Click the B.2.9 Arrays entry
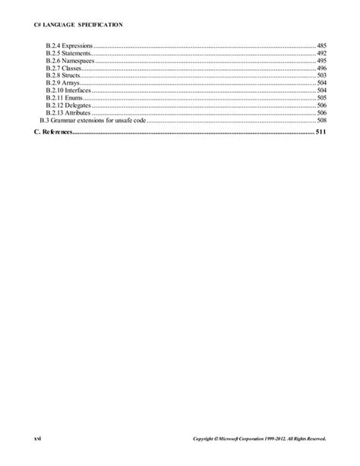(x=63, y=84)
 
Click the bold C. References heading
(x=52, y=132)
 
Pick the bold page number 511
(x=321, y=132)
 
